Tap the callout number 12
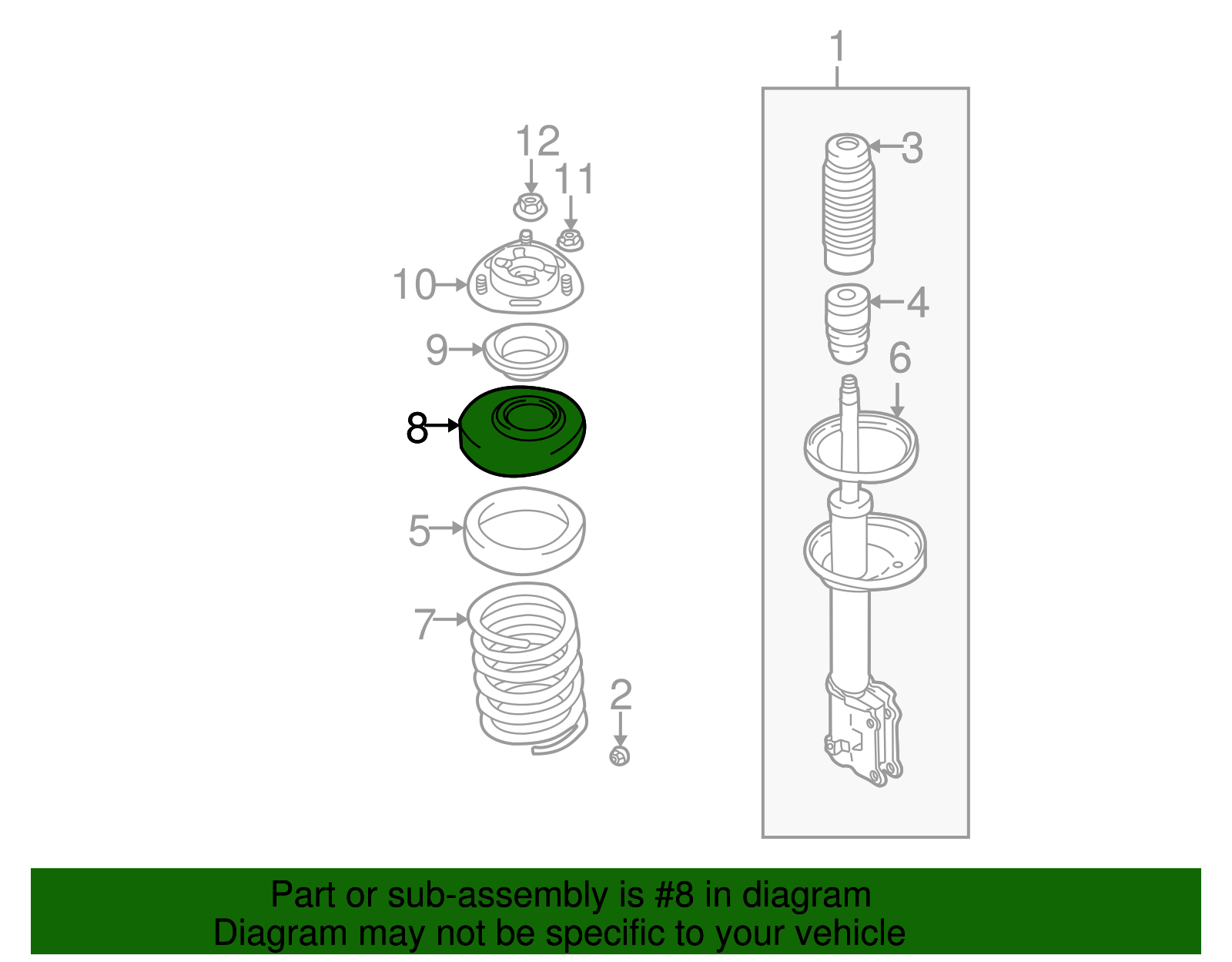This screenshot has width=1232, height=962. [x=537, y=142]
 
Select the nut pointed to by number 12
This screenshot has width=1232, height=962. [x=530, y=206]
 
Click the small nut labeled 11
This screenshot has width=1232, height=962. [x=570, y=240]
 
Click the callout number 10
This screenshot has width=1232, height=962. [x=414, y=285]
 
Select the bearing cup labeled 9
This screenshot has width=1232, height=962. [x=525, y=350]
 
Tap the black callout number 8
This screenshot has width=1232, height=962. [x=417, y=427]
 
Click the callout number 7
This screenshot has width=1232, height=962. [x=425, y=624]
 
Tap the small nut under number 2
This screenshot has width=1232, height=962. [x=620, y=756]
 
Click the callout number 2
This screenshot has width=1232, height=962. [x=621, y=696]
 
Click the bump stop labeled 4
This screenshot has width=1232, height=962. [x=848, y=323]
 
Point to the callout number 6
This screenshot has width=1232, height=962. [x=899, y=358]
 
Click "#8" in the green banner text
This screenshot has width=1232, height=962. [x=675, y=896]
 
